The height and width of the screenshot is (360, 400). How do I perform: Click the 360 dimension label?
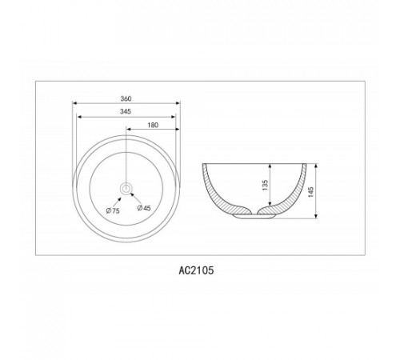[x=126, y=98]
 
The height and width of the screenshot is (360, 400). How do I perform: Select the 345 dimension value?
[x=126, y=111]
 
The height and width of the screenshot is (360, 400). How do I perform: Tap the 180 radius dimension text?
[x=153, y=125]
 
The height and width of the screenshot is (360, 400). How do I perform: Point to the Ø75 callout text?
[x=113, y=210]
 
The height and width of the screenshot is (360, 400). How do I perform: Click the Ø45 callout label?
[x=144, y=208]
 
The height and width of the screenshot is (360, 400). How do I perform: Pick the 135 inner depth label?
[x=265, y=185]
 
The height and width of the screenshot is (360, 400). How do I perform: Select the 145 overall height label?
[x=311, y=192]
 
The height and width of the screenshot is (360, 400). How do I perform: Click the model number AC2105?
[x=196, y=270]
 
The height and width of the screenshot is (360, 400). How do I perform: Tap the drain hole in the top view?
[x=126, y=189]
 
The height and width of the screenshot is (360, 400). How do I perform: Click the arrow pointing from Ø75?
[x=118, y=201]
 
